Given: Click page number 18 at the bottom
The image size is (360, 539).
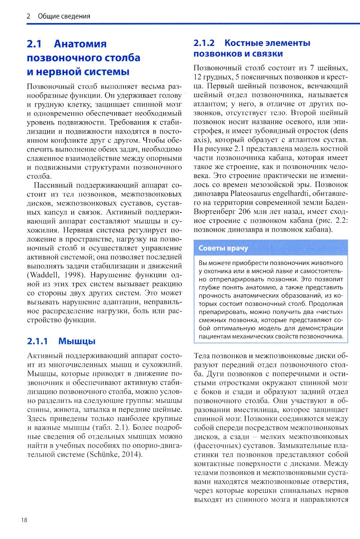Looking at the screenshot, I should pyautogui.click(x=24, y=520).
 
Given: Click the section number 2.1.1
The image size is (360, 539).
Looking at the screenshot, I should pyautogui.click(x=37, y=341).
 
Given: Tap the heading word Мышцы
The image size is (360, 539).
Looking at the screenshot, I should pyautogui.click(x=77, y=341).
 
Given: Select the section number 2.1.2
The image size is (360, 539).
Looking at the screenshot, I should pyautogui.click(x=204, y=43).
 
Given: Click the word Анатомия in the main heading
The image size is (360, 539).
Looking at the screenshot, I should pyautogui.click(x=80, y=44).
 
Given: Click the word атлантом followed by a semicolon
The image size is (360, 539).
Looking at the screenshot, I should pyautogui.click(x=208, y=104).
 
